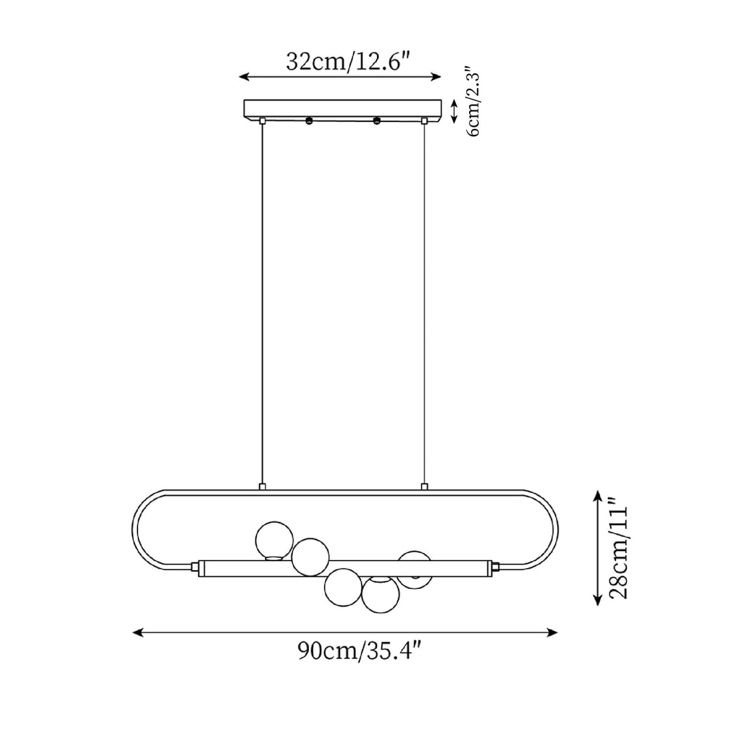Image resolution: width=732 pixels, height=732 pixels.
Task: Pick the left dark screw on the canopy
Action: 309,121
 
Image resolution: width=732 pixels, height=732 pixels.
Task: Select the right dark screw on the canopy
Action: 377,121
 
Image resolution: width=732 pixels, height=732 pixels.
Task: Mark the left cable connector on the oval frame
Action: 262,486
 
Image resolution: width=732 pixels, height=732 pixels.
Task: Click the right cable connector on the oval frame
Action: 424,486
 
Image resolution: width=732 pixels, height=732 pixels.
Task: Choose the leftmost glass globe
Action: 274,540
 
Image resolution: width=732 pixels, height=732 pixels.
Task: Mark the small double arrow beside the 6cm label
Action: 454,109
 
